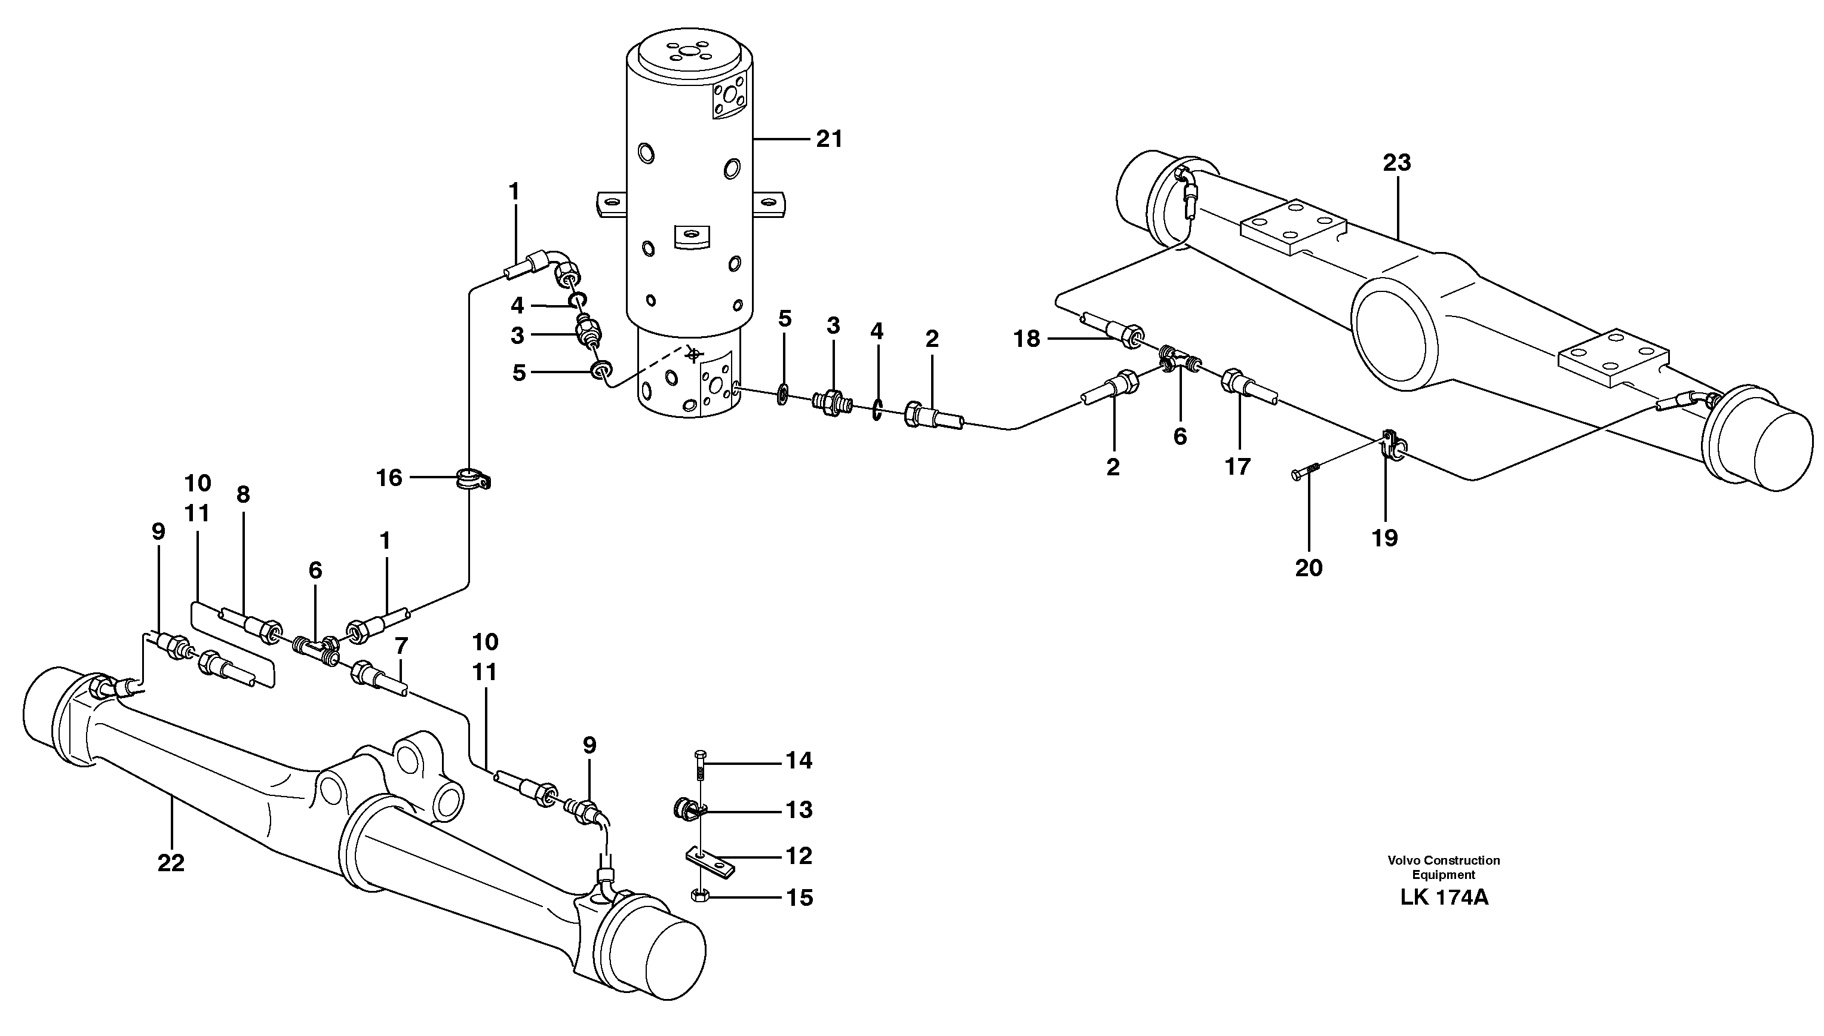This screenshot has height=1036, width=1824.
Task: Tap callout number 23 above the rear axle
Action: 1396,163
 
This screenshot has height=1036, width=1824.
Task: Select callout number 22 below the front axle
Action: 171,863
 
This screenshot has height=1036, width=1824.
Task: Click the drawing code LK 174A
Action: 1444,897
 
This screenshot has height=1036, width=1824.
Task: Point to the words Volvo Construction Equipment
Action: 1444,868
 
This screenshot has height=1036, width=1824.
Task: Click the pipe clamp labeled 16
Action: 471,479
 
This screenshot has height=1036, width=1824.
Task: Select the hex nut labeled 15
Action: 699,897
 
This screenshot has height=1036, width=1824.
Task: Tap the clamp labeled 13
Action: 687,808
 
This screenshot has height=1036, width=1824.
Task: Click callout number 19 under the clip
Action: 1385,538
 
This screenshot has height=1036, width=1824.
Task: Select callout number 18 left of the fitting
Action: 1026,339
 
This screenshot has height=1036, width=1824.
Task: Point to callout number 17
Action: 1237,467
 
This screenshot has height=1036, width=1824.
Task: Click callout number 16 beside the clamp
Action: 389,478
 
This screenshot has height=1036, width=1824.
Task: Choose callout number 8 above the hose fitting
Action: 244,494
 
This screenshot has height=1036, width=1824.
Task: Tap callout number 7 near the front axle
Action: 401,645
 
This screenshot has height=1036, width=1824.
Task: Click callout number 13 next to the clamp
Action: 799,810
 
